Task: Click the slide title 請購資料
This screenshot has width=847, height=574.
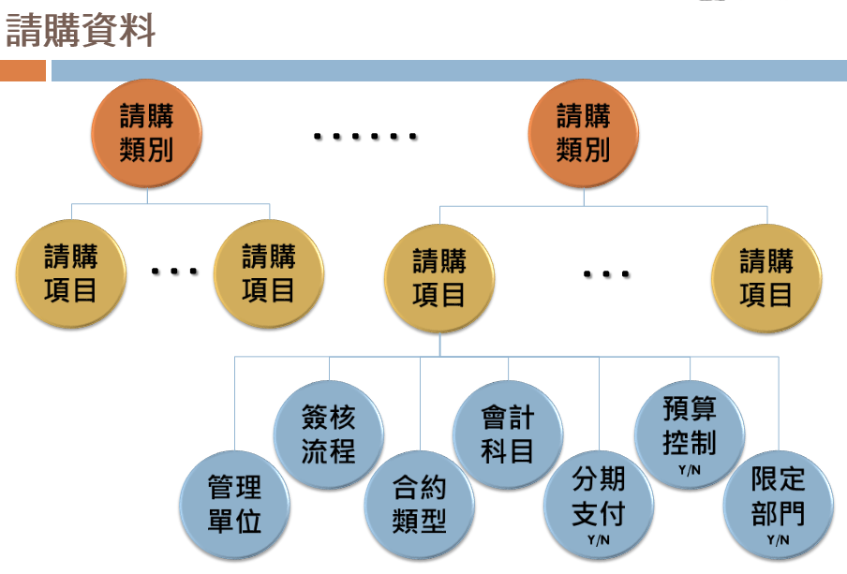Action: [81, 31]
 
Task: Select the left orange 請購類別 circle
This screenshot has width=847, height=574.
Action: [146, 133]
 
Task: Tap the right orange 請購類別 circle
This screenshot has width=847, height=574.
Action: [583, 133]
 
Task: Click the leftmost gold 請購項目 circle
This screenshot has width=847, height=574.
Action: [70, 272]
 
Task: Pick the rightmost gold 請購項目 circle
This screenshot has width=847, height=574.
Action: [765, 278]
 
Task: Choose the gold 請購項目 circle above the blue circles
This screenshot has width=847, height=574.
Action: [438, 278]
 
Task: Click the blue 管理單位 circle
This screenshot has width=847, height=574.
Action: [234, 504]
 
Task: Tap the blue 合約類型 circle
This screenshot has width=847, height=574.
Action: [418, 504]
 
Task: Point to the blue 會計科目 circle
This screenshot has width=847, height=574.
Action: [507, 433]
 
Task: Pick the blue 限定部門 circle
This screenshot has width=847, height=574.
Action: [778, 498]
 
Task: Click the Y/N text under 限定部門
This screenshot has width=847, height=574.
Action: [778, 539]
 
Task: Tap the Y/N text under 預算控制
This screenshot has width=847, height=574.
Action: [689, 469]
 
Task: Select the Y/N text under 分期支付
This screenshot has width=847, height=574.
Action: [598, 540]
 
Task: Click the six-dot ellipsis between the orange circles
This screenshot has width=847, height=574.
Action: [365, 138]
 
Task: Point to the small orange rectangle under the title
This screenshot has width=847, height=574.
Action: [22, 71]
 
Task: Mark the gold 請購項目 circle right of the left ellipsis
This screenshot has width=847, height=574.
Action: [268, 272]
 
